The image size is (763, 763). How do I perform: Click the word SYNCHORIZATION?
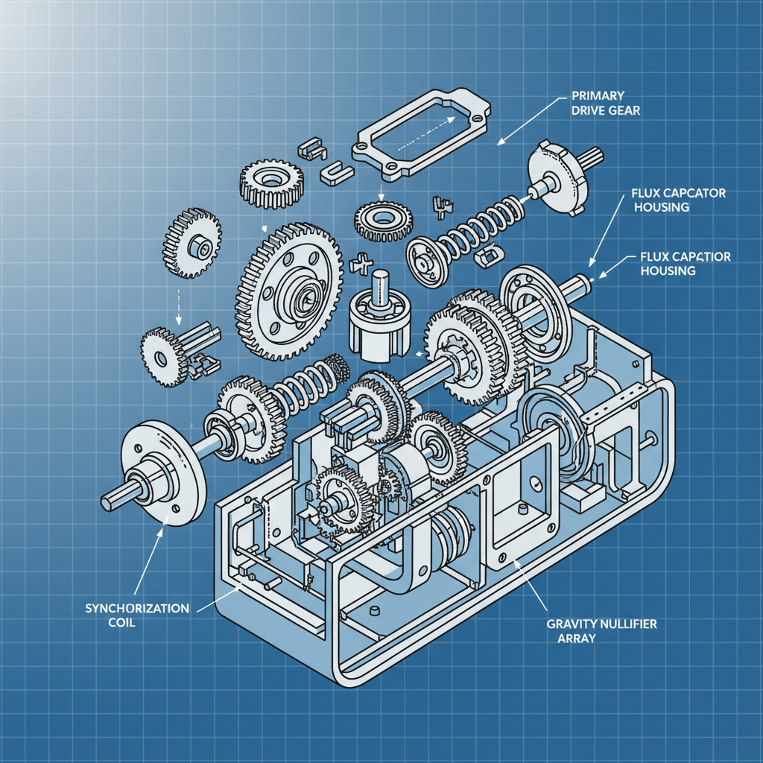click(x=137, y=608)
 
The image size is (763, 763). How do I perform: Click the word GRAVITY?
click(x=567, y=624)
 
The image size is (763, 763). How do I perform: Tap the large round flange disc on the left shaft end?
click(x=162, y=474)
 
